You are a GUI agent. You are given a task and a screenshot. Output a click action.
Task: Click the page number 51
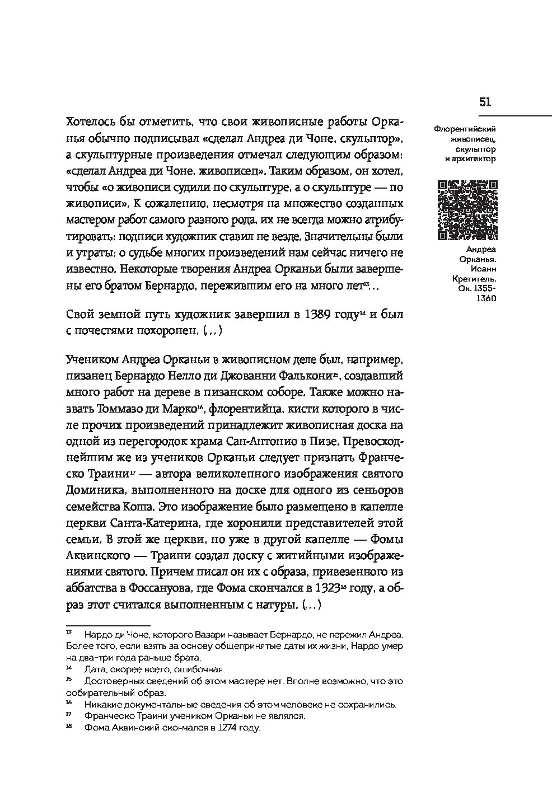(485, 101)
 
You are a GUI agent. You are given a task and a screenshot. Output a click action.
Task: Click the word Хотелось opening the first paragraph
(92, 121)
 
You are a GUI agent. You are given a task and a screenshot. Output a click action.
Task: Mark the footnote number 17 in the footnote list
(69, 714)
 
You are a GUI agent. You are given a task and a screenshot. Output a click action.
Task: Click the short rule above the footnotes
(108, 625)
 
